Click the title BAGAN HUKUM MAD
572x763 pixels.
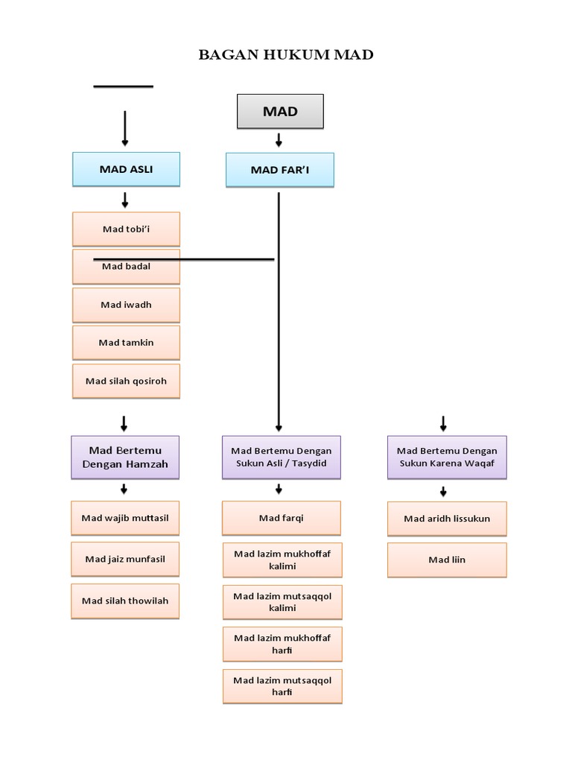point(286,55)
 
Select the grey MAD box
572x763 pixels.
point(280,112)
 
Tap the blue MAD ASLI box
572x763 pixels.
point(126,169)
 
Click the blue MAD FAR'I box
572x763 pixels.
point(280,170)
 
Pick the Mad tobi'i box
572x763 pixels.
point(126,229)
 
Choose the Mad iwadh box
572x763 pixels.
point(126,305)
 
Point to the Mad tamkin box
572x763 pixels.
point(126,343)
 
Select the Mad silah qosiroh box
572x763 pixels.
point(126,381)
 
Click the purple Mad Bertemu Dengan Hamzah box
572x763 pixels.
point(125,457)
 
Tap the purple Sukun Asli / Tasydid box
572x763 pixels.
point(282,457)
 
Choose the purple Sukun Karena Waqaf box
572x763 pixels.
point(447,457)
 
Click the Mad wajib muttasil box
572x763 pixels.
point(125,518)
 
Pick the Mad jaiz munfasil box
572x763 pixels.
point(125,559)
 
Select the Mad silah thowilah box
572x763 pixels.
point(125,601)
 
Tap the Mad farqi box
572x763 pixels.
point(282,518)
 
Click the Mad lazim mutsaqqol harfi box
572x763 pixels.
point(282,686)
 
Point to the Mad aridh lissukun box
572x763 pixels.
point(447,519)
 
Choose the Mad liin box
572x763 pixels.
point(447,560)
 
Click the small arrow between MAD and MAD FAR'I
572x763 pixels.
point(279,140)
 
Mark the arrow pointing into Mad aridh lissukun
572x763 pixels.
point(443,491)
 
